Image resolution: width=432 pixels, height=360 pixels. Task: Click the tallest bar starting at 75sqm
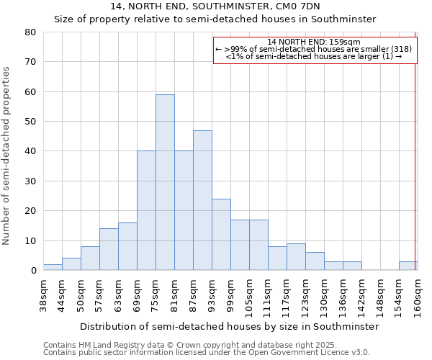[x=165, y=182]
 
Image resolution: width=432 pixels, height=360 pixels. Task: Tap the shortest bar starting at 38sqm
[x=53, y=267]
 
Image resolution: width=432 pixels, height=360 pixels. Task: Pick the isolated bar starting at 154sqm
[x=408, y=266]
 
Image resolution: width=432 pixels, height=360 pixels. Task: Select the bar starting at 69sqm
[x=146, y=211]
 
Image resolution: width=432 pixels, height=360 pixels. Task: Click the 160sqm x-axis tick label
[x=418, y=295]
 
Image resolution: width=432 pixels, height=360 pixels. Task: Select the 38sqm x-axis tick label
[x=44, y=295]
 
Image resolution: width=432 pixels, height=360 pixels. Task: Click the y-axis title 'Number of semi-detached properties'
[x=7, y=155]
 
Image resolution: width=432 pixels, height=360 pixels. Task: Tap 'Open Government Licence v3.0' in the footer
[x=313, y=353]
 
